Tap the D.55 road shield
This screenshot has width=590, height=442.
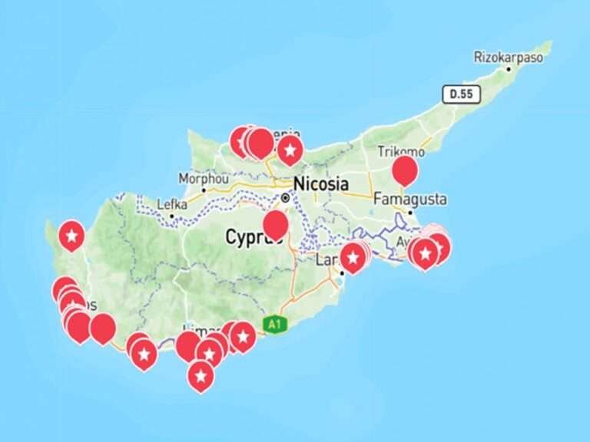point(461,94)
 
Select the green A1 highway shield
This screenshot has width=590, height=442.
point(274,325)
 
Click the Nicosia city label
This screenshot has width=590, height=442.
point(321,184)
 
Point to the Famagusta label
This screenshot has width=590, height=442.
point(409,199)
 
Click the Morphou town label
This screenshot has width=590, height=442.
point(204,177)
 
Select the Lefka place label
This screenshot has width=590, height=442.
point(171,204)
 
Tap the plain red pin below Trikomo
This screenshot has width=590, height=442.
point(405,170)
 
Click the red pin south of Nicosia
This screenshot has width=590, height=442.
point(276,224)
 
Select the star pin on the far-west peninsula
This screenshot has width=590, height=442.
point(71,236)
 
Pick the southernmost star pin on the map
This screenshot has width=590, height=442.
point(201,375)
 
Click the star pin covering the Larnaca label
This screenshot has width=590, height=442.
point(353,258)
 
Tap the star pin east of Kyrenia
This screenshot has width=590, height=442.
point(290,150)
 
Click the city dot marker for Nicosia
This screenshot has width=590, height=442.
point(286,197)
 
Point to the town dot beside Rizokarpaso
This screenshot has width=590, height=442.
point(508,69)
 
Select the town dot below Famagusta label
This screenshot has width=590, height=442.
point(410,212)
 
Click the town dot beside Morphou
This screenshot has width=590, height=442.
point(204,189)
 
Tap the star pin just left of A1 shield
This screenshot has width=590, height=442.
point(243,335)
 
